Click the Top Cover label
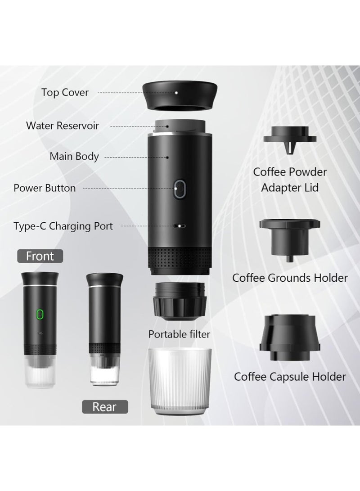[65, 93]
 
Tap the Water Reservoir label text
[62, 125]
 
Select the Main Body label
[74, 157]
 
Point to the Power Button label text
[45, 188]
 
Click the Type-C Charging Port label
[63, 226]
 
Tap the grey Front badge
[40, 257]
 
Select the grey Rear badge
[104, 407]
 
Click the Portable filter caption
[179, 334]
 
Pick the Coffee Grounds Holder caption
[290, 278]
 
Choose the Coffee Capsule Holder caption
[290, 376]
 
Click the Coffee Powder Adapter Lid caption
[290, 179]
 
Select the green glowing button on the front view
[40, 313]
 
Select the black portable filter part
[180, 301]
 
